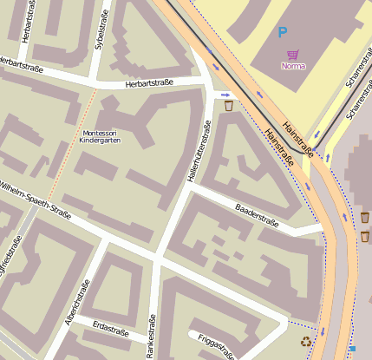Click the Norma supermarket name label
(x=294, y=66)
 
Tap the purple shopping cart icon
(x=293, y=54)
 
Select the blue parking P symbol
(x=282, y=33)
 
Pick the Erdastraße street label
(x=110, y=331)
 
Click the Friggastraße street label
(x=215, y=347)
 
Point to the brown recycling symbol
(x=305, y=343)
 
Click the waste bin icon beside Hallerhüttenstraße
(x=228, y=106)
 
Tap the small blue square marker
(x=351, y=349)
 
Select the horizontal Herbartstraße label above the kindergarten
(x=149, y=83)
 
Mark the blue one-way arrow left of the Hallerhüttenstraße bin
(x=225, y=95)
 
